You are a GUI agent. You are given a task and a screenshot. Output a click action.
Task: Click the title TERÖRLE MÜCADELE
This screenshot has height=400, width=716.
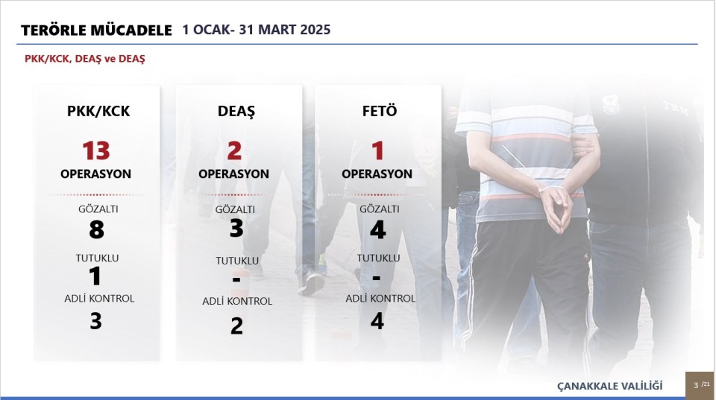click(x=96, y=30)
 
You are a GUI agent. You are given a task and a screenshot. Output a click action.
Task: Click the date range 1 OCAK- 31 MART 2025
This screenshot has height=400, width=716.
click(x=256, y=30)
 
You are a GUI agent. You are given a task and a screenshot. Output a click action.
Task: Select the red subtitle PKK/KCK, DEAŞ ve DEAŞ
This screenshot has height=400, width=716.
click(x=85, y=59)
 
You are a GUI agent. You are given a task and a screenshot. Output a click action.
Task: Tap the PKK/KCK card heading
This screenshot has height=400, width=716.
click(x=98, y=111)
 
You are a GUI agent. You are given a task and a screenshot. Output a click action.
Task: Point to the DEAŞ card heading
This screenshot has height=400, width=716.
click(x=236, y=111)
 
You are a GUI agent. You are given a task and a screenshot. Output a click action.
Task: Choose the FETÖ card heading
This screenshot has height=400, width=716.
click(x=380, y=111)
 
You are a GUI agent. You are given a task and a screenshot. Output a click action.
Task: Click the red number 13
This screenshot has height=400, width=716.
click(x=96, y=150)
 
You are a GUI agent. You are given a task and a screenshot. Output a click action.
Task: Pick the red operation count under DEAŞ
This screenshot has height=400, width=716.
click(x=234, y=150)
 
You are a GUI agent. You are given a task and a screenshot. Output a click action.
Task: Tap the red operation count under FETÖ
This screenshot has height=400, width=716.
click(x=377, y=150)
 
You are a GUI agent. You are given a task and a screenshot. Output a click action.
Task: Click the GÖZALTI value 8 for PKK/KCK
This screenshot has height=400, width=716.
click(x=96, y=229)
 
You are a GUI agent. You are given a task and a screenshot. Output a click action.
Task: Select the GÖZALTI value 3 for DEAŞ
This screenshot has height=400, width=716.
click(x=236, y=228)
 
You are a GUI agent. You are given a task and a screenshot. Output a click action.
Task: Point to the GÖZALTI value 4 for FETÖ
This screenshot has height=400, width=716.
click(x=377, y=230)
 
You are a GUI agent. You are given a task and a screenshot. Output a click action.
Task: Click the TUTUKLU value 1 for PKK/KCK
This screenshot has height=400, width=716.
click(x=95, y=276)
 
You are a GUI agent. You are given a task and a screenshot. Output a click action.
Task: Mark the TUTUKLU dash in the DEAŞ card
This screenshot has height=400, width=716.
click(x=236, y=279)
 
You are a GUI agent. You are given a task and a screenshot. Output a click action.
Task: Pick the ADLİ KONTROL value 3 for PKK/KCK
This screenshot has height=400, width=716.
click(x=95, y=320)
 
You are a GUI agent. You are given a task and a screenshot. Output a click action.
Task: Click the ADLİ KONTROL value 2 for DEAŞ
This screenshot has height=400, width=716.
click(x=236, y=326)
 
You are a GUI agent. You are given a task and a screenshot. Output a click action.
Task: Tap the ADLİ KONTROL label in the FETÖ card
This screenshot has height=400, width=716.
click(x=380, y=298)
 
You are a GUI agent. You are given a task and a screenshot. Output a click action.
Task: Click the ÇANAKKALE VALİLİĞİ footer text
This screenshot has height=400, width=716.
click(x=609, y=386)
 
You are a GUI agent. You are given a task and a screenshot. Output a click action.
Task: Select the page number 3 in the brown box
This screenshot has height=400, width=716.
click(x=696, y=385)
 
